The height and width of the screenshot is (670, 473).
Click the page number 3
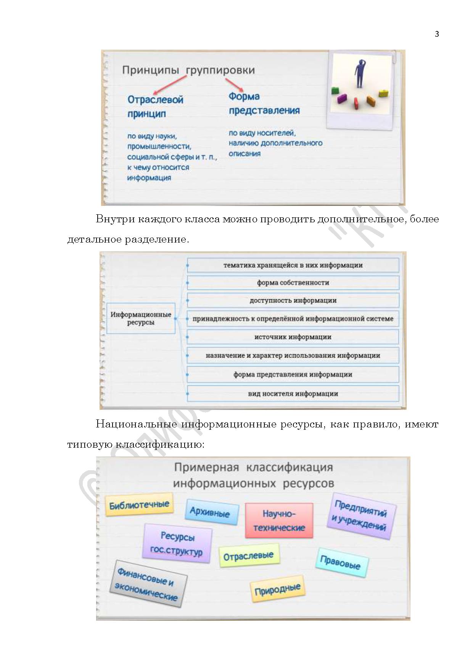(x=437, y=34)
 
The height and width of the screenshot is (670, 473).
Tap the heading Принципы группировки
(x=188, y=70)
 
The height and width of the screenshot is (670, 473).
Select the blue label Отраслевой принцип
(x=155, y=107)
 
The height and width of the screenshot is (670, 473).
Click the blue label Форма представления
(x=264, y=104)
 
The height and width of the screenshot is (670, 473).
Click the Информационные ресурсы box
(x=141, y=318)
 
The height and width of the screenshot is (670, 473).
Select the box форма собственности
(x=293, y=283)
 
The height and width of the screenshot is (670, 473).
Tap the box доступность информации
(x=293, y=300)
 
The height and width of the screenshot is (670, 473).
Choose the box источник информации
(x=293, y=337)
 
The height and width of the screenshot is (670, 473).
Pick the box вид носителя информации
(x=293, y=393)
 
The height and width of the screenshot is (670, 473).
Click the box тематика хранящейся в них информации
(x=293, y=265)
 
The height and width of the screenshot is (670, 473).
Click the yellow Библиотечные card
(x=139, y=505)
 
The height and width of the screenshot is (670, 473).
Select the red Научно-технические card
(x=279, y=521)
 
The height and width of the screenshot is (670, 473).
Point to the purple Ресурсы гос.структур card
(x=177, y=543)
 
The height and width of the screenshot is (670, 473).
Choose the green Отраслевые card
(x=249, y=556)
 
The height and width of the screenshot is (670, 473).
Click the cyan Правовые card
(x=341, y=562)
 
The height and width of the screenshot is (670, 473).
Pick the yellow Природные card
(x=277, y=589)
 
